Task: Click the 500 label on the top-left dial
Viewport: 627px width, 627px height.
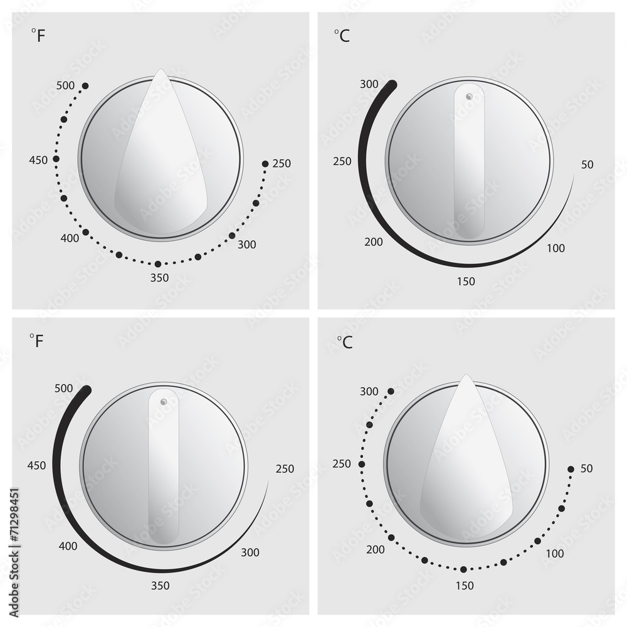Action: pyautogui.click(x=65, y=85)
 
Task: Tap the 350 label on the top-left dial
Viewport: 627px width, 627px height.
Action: pyautogui.click(x=160, y=278)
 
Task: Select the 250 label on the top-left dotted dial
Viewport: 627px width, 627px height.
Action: pyautogui.click(x=282, y=164)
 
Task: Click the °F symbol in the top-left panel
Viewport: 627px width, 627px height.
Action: pyautogui.click(x=38, y=36)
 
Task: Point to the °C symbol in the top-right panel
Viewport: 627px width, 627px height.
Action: pyautogui.click(x=342, y=36)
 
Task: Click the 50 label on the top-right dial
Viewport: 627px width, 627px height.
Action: pyautogui.click(x=587, y=165)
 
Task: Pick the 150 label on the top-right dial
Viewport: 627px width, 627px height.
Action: pyautogui.click(x=466, y=282)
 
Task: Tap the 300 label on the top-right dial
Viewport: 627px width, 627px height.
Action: pyautogui.click(x=369, y=84)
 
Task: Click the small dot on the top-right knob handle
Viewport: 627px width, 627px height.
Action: pyautogui.click(x=469, y=96)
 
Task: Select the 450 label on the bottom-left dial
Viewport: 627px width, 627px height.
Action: pyautogui.click(x=38, y=465)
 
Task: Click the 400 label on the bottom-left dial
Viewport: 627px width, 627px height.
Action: pyautogui.click(x=68, y=546)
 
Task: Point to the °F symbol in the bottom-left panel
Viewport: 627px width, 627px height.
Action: pyautogui.click(x=37, y=341)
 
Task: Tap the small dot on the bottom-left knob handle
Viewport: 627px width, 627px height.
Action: pyautogui.click(x=164, y=401)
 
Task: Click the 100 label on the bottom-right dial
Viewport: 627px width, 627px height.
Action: pyautogui.click(x=555, y=554)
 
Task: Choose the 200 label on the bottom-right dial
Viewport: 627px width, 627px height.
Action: pyautogui.click(x=375, y=550)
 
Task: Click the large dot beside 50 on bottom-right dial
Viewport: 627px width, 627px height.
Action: pyautogui.click(x=571, y=469)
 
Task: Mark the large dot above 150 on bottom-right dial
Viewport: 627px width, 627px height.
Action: pyautogui.click(x=463, y=569)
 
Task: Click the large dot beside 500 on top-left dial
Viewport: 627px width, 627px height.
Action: pyautogui.click(x=85, y=85)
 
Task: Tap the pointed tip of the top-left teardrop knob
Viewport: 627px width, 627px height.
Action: pyautogui.click(x=161, y=71)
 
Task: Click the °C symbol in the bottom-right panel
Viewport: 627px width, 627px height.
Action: pyautogui.click(x=344, y=342)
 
